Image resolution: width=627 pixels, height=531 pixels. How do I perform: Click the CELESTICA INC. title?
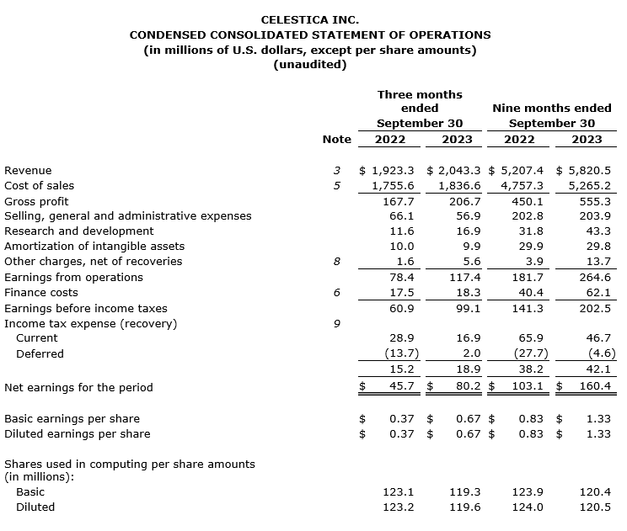[309, 19]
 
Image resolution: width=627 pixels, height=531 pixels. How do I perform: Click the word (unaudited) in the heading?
[310, 65]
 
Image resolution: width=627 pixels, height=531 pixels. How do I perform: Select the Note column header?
[336, 139]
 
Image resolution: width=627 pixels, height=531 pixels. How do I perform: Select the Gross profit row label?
[37, 201]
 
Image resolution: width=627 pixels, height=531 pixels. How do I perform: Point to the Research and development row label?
[79, 231]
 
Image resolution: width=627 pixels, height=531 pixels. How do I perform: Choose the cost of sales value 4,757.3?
[522, 185]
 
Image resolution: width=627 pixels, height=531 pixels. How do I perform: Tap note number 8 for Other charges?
[336, 262]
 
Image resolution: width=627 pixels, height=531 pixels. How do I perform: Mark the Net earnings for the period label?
[79, 387]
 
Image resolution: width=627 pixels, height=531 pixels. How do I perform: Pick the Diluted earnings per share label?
[78, 433]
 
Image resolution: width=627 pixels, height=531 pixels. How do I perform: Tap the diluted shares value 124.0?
[528, 507]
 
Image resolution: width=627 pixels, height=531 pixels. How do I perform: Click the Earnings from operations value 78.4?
[400, 277]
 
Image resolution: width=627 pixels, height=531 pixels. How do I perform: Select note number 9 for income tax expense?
[336, 323]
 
